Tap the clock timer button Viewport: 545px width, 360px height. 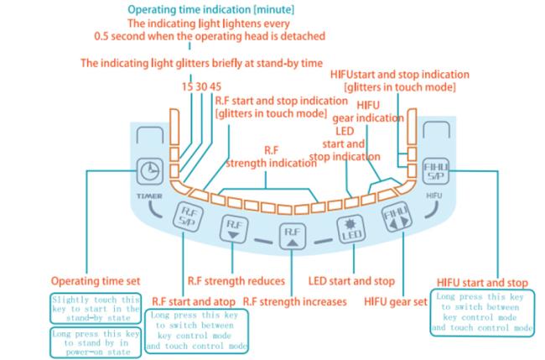click(x=150, y=171)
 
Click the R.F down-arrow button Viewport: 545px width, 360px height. click(x=234, y=228)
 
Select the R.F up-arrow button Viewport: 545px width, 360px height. click(x=293, y=236)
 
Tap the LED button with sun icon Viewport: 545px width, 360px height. click(x=351, y=229)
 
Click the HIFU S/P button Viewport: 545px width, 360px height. click(x=436, y=171)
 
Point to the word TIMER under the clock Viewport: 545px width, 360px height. click(x=149, y=196)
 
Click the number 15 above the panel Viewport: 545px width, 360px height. click(x=187, y=86)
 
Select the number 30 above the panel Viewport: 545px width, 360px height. click(x=201, y=86)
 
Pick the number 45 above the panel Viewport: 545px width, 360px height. click(x=215, y=86)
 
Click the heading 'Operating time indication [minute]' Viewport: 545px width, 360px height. click(x=211, y=9)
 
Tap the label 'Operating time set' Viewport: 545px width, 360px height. click(x=96, y=281)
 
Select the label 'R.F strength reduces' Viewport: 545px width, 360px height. click(x=236, y=281)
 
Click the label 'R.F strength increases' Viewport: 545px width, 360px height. click(x=295, y=301)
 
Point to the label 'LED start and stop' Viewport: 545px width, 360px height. click(x=351, y=281)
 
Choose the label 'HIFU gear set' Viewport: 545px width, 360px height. click(x=396, y=301)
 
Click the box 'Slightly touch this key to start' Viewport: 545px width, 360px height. click(x=96, y=309)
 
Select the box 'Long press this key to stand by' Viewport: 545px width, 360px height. click(x=96, y=342)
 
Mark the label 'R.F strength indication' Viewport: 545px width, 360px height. click(x=271, y=157)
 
